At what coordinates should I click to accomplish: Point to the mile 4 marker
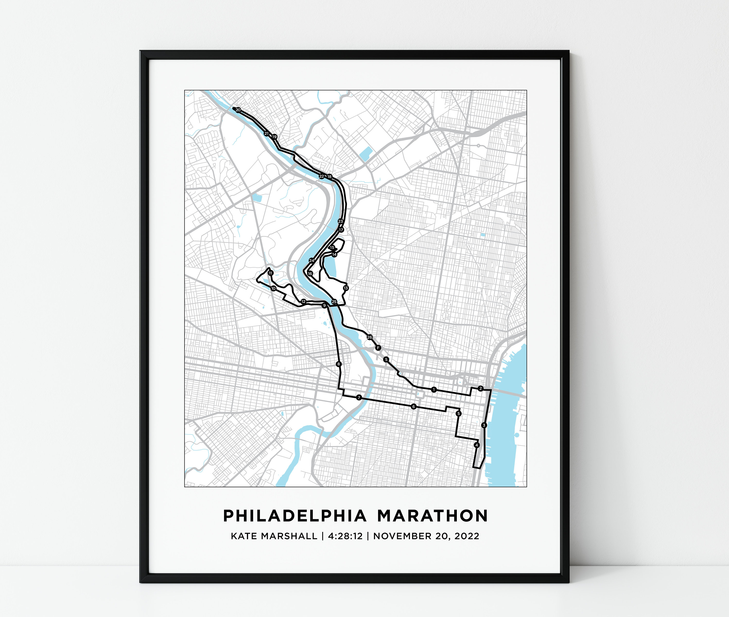click(x=476, y=445)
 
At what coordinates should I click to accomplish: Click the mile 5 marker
click(x=458, y=414)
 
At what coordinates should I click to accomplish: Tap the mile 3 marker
click(x=484, y=425)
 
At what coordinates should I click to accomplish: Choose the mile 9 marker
click(x=324, y=306)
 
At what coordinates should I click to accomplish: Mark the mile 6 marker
click(x=414, y=407)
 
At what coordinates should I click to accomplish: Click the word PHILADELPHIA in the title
click(x=295, y=516)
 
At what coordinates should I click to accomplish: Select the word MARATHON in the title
click(x=433, y=516)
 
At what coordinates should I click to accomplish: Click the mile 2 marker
click(x=481, y=388)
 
